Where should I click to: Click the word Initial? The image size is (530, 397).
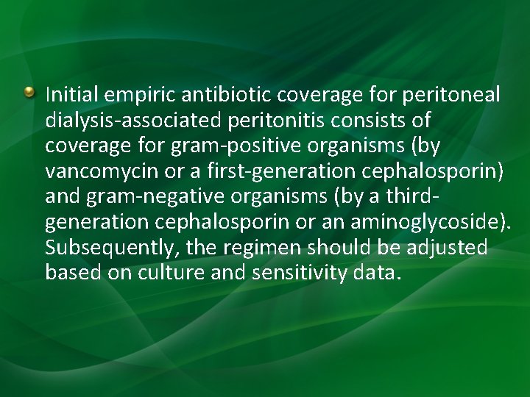[72, 95]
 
